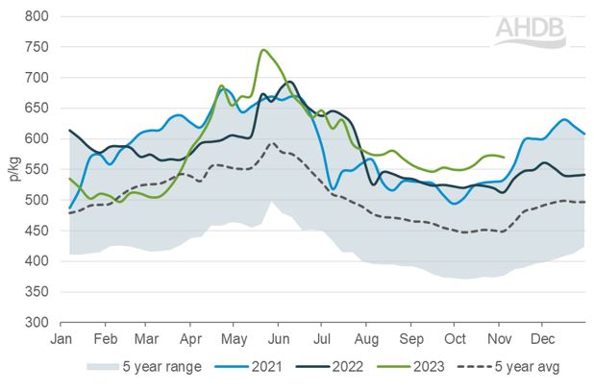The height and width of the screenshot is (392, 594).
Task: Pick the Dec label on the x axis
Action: [x=542, y=339]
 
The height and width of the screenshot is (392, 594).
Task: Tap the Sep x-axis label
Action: [x=411, y=339]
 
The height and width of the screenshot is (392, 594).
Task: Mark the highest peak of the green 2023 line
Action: [x=262, y=50]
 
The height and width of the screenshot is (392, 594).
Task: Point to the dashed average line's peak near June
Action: [x=273, y=144]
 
